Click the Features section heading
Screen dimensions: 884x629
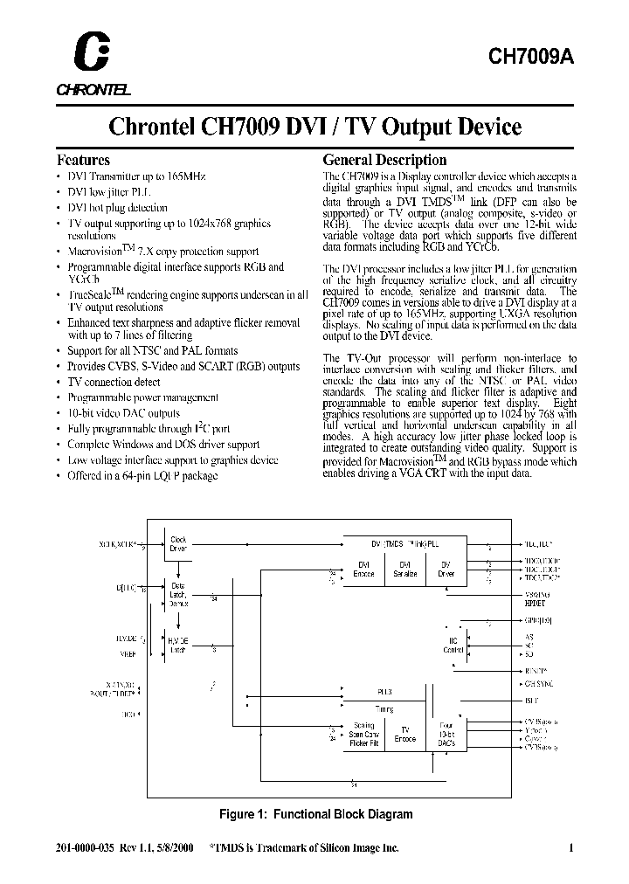tap(83, 160)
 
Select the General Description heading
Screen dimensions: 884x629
tap(384, 160)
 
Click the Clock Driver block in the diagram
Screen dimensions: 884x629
tap(178, 543)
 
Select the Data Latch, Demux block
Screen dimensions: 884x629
tap(177, 594)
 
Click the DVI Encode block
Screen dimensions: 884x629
tap(363, 568)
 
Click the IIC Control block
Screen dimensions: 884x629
tap(452, 644)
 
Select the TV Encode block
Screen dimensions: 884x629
tap(405, 734)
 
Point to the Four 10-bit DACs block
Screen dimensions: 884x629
tap(447, 733)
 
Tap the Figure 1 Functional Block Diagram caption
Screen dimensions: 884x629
tap(314, 813)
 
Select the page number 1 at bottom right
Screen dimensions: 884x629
tap(570, 847)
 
